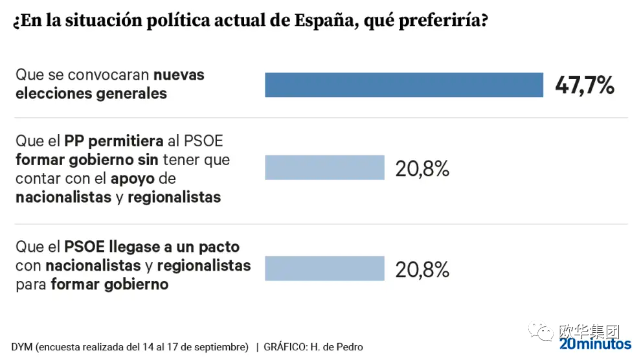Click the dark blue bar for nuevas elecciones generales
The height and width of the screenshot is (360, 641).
[x=404, y=85]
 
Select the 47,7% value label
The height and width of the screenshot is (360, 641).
[x=585, y=85]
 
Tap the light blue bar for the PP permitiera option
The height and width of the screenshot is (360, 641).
[x=324, y=168]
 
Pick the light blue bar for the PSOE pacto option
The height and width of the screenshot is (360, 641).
[x=324, y=268]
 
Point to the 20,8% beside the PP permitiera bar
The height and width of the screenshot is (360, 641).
[x=422, y=168]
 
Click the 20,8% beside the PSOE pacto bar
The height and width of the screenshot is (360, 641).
[x=422, y=270]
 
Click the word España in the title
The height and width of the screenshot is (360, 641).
[x=324, y=21]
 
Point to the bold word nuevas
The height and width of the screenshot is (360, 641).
[x=179, y=75]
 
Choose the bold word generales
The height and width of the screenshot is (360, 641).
[x=131, y=94]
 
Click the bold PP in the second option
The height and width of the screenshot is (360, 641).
[x=74, y=141]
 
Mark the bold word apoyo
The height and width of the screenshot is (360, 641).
[x=133, y=179]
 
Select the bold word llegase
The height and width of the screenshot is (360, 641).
[x=135, y=247]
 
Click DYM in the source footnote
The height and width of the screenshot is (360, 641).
[x=21, y=347]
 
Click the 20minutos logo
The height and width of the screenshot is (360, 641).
[x=595, y=344]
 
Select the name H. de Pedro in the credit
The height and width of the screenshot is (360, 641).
[x=337, y=347]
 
